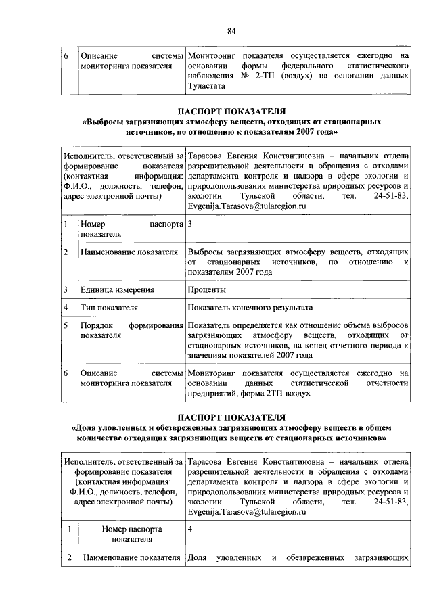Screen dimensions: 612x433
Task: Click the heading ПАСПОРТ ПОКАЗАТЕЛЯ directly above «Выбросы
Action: (x=231, y=111)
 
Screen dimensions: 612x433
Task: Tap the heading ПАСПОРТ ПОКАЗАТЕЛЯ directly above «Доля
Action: (x=231, y=417)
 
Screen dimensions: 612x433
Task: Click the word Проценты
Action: (x=207, y=290)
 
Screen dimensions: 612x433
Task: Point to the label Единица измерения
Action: (x=117, y=290)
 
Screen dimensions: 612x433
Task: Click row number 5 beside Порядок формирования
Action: (x=66, y=325)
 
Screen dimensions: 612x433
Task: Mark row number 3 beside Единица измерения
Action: (x=66, y=290)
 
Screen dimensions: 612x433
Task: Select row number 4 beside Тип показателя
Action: (x=66, y=308)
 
